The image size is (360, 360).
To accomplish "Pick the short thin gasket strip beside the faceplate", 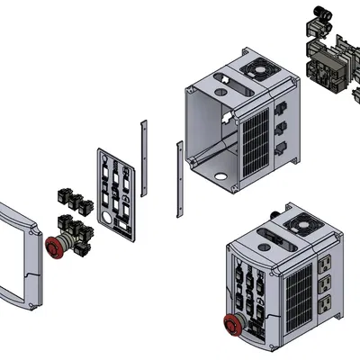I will point(139,157).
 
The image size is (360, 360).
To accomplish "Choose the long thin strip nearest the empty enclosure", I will point(178,180).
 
